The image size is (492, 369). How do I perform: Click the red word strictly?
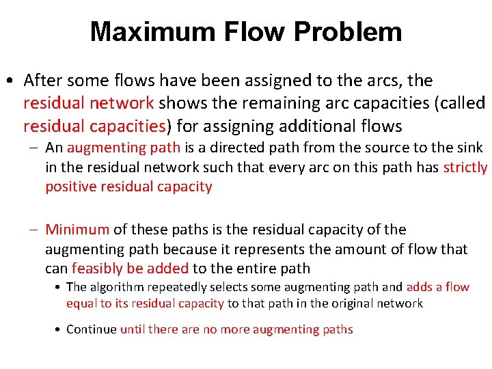coord(465,167)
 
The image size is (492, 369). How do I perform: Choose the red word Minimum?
coord(77,230)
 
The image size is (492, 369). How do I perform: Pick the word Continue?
coord(92,329)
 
